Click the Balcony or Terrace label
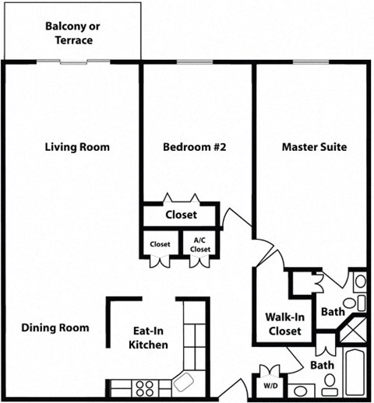72,33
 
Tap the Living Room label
77,147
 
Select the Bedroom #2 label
194,147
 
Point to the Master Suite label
314,147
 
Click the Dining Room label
55,328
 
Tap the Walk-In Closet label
284,324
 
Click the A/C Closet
200,245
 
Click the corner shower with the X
351,331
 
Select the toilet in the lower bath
330,382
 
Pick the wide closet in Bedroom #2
181,215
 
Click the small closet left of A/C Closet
161,245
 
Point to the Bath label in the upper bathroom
333,312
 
